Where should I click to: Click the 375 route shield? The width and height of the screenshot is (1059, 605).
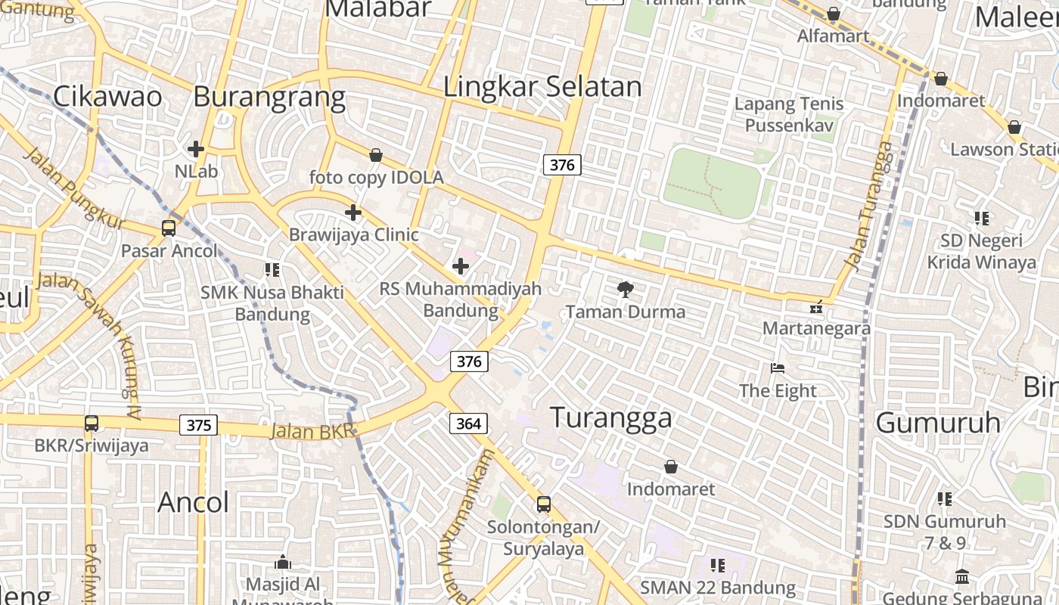[x=199, y=425]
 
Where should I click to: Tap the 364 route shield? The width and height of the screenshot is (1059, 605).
[x=468, y=423]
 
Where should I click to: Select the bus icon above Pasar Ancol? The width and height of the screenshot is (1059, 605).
[x=169, y=228]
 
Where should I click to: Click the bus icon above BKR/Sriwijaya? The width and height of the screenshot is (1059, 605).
[x=92, y=423]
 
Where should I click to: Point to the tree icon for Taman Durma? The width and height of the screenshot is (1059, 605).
[x=625, y=289]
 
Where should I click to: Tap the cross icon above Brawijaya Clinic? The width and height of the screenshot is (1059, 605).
[x=353, y=213]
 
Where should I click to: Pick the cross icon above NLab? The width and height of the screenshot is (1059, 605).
[x=196, y=149]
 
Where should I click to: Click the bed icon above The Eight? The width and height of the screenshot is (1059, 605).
[x=778, y=368]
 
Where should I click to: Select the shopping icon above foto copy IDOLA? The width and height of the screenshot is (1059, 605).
[x=376, y=156]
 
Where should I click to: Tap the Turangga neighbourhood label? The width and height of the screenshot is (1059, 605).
[x=610, y=417]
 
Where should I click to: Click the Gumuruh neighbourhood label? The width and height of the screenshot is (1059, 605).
[x=938, y=423]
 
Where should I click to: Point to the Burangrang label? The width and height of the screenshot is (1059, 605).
[x=269, y=97]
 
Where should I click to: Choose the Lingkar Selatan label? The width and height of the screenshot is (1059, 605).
[x=542, y=86]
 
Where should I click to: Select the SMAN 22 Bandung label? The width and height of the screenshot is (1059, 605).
[x=717, y=588]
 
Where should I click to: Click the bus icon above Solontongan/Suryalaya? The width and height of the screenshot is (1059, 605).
[x=543, y=504]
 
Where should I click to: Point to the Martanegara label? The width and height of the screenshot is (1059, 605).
[x=816, y=328]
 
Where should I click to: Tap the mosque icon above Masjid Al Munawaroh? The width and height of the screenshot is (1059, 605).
[x=283, y=562]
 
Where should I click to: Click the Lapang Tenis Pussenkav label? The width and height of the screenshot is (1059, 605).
[x=789, y=114]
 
